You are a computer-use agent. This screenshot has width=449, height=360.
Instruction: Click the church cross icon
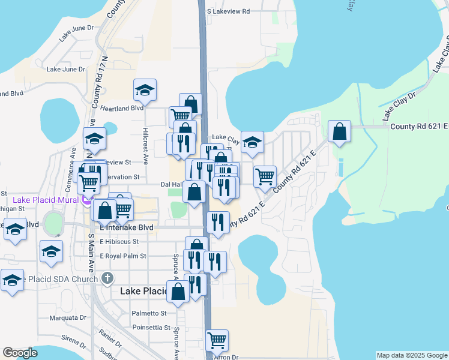(107, 278)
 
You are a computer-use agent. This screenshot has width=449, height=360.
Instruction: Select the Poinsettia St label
(151, 328)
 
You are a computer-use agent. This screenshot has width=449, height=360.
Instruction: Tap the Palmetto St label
(149, 313)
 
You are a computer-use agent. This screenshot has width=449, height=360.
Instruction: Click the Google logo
(20, 353)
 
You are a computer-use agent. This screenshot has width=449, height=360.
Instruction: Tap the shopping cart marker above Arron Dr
(217, 340)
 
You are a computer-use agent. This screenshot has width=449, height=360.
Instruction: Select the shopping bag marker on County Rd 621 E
(339, 131)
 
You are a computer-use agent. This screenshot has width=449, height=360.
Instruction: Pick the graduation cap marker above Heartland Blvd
(145, 90)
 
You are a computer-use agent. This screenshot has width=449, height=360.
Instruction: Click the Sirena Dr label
(73, 342)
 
